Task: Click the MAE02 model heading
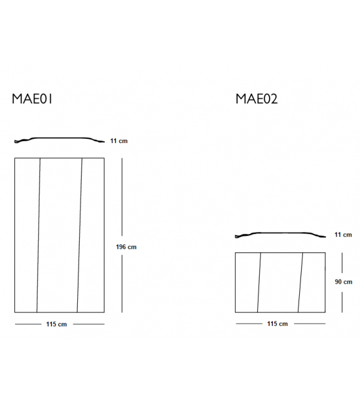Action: coord(257,99)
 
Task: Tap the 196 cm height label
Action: coord(126,247)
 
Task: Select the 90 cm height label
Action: coord(343,282)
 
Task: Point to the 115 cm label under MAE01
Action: coord(56,324)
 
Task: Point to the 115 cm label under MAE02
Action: coord(277,324)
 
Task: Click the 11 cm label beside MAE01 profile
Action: coord(118,141)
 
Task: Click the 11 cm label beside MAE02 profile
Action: coord(342,235)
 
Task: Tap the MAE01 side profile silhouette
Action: coord(60,139)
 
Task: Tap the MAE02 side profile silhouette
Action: coord(280,234)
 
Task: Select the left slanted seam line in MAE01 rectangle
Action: coord(38,235)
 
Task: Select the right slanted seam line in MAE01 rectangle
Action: coord(80,235)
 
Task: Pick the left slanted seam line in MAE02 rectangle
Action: coord(258,282)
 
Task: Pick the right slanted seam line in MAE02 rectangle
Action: coord(301,282)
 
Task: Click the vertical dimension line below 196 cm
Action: coord(122,282)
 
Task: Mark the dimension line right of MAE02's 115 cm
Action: coord(310,324)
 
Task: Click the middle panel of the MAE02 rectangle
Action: coord(280,282)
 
